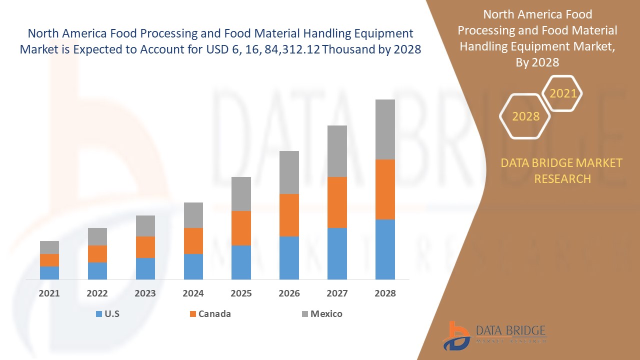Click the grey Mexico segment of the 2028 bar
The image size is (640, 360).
(385, 129)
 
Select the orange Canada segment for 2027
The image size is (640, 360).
(337, 202)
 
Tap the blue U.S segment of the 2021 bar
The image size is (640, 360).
(49, 272)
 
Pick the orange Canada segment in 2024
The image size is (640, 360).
(193, 240)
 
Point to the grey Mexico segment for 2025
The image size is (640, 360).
(241, 193)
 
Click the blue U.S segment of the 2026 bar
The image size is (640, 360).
(289, 257)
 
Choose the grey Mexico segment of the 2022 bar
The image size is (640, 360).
(97, 236)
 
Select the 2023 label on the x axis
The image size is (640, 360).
(145, 293)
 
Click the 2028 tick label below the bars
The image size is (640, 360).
(385, 293)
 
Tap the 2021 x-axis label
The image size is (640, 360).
(49, 293)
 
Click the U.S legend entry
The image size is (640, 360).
(107, 314)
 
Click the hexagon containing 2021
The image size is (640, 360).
(562, 93)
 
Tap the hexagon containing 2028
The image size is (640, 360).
(525, 116)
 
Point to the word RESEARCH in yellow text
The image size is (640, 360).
(562, 178)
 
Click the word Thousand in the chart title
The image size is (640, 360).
(356, 49)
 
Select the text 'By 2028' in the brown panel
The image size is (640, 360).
(537, 62)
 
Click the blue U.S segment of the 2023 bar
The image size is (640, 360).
(145, 268)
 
